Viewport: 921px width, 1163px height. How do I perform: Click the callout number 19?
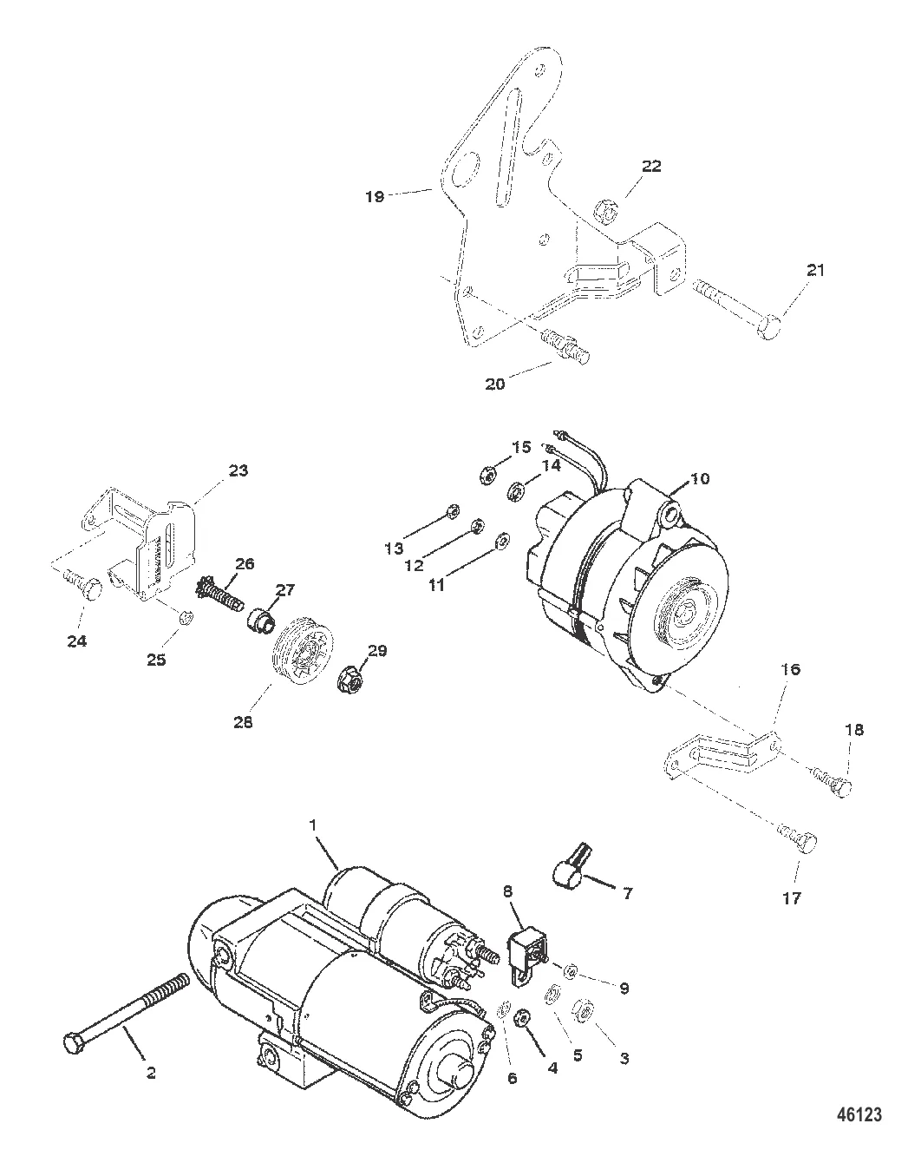coord(375,197)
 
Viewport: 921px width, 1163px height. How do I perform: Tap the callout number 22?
coord(651,166)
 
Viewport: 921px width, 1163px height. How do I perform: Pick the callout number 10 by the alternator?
coord(700,478)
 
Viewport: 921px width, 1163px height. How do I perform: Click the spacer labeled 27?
coord(261,618)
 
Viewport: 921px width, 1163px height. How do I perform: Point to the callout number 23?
coord(238,470)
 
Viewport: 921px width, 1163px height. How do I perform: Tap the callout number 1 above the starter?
coord(312,825)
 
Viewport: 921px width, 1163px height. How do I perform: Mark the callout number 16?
coord(790,669)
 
